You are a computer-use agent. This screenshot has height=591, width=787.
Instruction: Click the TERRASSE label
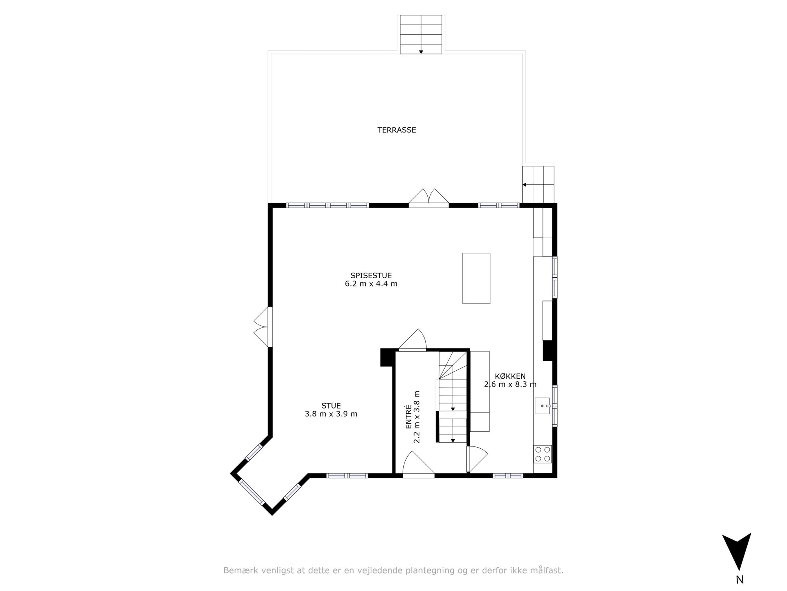tap(397, 130)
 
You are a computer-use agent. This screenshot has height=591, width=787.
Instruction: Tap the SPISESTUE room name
tap(371, 275)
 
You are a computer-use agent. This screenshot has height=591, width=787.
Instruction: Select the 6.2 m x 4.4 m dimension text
tap(371, 284)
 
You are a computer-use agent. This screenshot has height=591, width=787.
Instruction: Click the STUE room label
tap(331, 405)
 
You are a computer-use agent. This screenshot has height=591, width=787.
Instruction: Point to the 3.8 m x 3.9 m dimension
tap(331, 414)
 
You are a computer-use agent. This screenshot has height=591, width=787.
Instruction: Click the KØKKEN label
tap(510, 376)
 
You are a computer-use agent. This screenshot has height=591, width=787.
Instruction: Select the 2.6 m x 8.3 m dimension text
tap(510, 385)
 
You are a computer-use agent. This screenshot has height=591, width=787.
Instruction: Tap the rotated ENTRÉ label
tap(408, 417)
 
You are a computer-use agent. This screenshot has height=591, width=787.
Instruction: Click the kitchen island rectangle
tap(476, 278)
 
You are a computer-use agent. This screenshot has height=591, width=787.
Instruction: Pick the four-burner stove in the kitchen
tap(543, 454)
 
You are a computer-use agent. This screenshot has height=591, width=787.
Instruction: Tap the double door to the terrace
tap(429, 198)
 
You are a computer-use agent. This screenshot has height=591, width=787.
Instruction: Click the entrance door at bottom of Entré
tap(419, 465)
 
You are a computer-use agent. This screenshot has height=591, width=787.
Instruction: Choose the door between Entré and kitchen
tap(477, 459)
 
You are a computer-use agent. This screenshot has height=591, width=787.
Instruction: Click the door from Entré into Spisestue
tap(412, 339)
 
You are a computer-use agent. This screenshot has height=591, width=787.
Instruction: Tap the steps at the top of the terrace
tap(421, 34)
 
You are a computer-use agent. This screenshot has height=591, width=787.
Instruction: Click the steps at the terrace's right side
tap(538, 184)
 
